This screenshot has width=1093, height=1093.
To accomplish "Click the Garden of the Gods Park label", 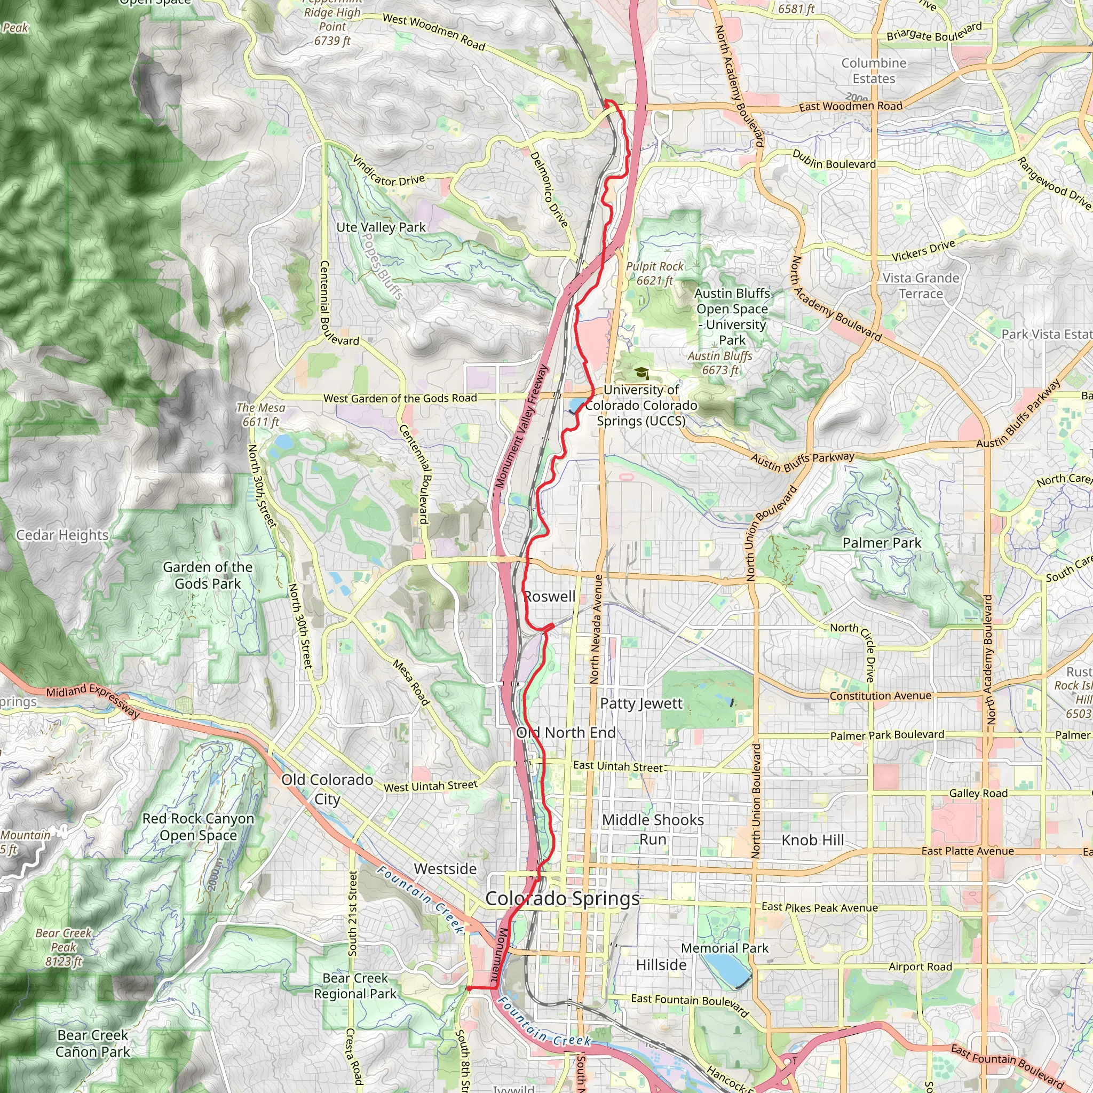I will click(x=207, y=575).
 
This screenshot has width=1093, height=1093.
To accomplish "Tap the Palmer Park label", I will click(x=882, y=543).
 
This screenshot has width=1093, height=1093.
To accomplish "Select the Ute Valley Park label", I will click(x=381, y=227).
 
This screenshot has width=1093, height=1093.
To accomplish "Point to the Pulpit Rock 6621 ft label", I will click(x=654, y=273).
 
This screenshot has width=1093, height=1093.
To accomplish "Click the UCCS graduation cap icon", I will click(x=641, y=373).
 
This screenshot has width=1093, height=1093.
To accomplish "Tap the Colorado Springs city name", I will click(x=563, y=898).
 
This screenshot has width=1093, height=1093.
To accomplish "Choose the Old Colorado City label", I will click(x=327, y=789).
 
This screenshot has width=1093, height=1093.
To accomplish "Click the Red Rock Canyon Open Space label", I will click(x=198, y=827).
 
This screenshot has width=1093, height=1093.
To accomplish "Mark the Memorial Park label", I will click(x=725, y=948).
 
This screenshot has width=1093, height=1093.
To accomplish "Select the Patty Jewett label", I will click(x=641, y=703).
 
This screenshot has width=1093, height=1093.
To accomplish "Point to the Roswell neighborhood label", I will click(x=550, y=596).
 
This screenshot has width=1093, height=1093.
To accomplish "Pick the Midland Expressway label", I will click(x=93, y=700).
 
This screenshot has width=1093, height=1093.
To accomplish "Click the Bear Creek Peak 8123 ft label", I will click(x=64, y=947).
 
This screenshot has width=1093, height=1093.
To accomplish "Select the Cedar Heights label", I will click(x=62, y=535).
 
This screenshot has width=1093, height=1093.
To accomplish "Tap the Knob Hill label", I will click(x=812, y=840).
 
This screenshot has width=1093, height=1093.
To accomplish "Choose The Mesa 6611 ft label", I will click(x=261, y=414).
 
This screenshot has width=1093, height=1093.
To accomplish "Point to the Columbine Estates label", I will click(x=874, y=71).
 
